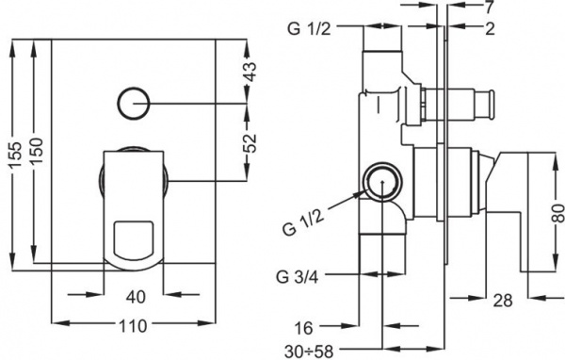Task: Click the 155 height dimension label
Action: [x=16, y=155]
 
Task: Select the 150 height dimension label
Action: [x=37, y=151]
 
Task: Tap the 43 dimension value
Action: [x=250, y=72]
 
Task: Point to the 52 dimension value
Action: [x=250, y=143]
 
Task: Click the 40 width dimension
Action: [x=136, y=297]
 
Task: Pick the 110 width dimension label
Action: [x=134, y=326]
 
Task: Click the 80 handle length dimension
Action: [x=558, y=214]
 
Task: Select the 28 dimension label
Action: [x=503, y=300]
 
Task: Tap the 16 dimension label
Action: [x=304, y=328]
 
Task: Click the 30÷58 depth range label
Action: [x=309, y=351]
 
